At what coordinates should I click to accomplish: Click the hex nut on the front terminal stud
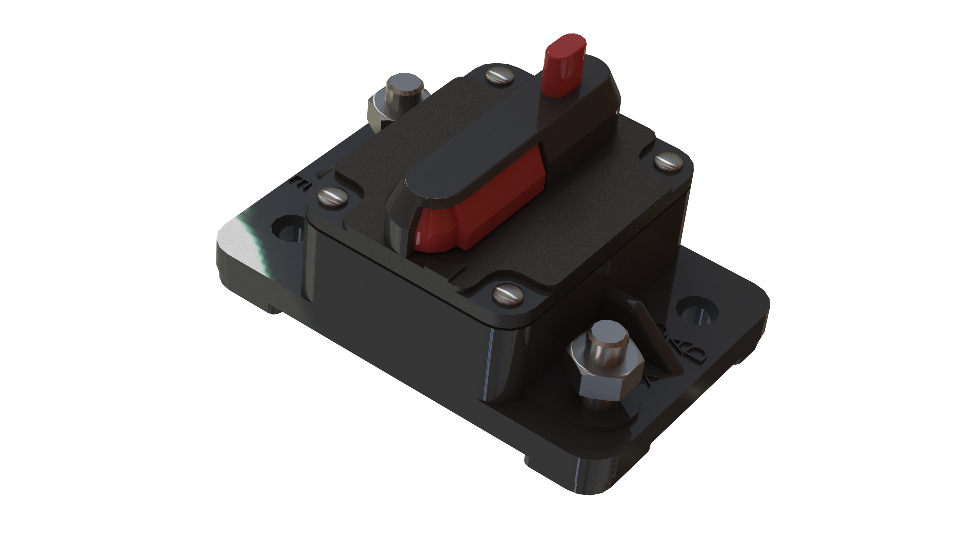click(x=605, y=377)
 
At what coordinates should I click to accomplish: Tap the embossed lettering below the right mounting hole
click(x=687, y=358)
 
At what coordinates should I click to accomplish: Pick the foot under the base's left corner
click(x=273, y=308)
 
